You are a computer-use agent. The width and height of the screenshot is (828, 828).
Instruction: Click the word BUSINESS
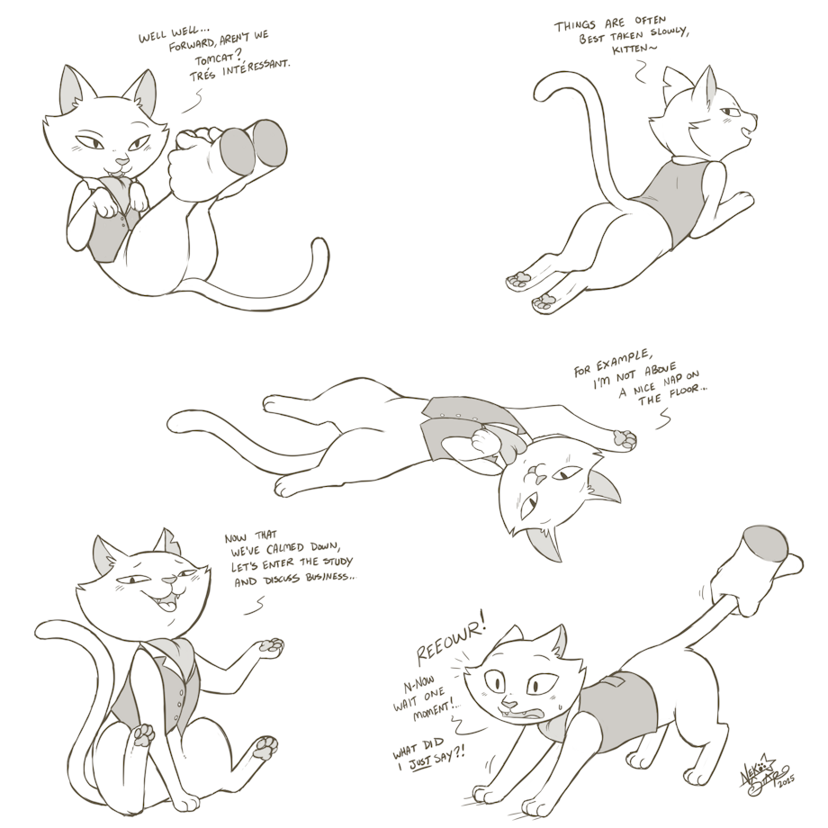[329, 576]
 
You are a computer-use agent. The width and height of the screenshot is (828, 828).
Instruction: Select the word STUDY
[334, 561]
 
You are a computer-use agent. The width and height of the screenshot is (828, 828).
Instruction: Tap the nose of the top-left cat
[122, 159]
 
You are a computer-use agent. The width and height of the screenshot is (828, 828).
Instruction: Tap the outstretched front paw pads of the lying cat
[625, 439]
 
